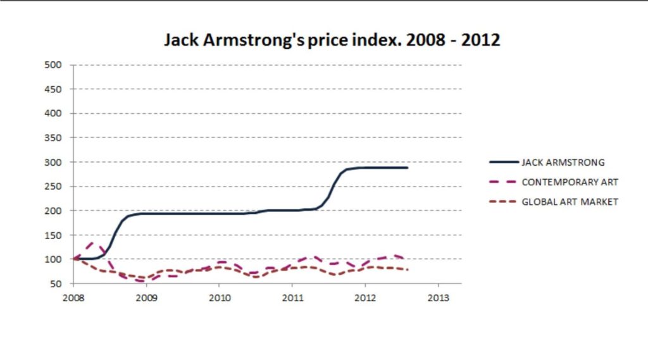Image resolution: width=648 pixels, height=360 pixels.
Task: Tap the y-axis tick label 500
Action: click(x=53, y=65)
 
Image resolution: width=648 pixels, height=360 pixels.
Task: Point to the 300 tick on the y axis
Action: click(x=53, y=162)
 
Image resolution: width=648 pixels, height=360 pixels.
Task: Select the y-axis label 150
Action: click(x=53, y=235)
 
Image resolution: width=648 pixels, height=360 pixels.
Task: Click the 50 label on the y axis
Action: click(x=56, y=284)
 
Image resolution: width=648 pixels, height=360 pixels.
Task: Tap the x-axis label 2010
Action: click(x=219, y=297)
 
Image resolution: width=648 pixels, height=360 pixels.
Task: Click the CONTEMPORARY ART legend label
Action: click(x=570, y=182)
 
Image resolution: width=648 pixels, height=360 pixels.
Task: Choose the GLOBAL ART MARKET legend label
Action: click(x=570, y=202)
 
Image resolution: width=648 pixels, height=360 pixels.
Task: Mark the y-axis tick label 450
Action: click(x=53, y=89)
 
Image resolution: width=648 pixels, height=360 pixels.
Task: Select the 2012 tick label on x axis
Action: click(x=364, y=297)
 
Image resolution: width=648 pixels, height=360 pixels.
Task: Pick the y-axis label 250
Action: click(x=53, y=187)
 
